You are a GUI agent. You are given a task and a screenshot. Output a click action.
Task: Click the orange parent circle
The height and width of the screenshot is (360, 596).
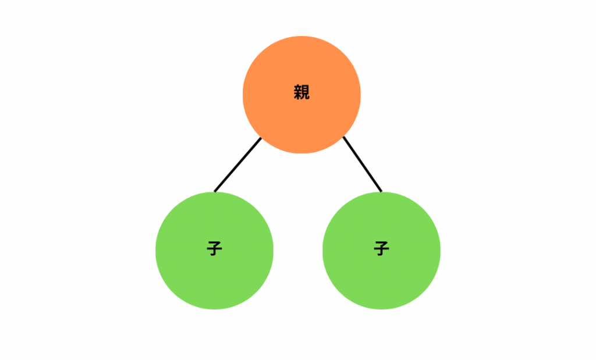point(301,95)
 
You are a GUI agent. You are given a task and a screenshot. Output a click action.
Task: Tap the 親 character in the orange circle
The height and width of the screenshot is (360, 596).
point(302,92)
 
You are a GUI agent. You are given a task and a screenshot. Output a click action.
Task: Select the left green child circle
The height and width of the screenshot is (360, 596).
point(214,251)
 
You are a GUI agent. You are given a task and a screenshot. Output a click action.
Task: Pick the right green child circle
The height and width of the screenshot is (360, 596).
point(381,251)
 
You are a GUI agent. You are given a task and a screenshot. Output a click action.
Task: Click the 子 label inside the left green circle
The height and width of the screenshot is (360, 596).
point(214,249)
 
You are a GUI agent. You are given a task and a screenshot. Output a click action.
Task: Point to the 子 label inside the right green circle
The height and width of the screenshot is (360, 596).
point(381,249)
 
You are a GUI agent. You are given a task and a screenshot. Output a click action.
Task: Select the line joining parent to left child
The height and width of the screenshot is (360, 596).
point(238,165)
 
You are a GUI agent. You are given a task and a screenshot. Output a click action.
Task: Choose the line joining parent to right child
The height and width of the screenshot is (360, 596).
point(362,164)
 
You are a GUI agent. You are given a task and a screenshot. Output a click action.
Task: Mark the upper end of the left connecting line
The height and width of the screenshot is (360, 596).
point(261,138)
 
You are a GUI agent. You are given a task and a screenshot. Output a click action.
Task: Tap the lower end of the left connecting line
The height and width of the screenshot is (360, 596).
point(215,191)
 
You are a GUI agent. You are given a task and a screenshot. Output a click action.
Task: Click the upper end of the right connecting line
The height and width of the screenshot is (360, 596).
point(343,137)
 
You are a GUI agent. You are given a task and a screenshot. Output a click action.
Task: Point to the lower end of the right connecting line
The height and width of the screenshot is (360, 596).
point(381,191)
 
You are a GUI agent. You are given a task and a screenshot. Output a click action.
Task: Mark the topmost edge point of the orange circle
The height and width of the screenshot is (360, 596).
point(301,36)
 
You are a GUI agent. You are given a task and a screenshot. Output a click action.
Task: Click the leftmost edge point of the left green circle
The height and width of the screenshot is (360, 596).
point(156,251)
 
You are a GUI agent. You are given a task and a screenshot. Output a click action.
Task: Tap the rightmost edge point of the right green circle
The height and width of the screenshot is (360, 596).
point(440,251)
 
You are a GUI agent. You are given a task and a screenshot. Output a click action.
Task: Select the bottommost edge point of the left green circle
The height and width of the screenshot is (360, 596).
point(214,309)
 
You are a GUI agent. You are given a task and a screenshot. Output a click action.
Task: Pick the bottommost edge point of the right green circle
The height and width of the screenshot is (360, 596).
point(381,309)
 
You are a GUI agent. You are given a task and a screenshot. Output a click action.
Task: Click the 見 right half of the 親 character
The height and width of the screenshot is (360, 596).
point(306,92)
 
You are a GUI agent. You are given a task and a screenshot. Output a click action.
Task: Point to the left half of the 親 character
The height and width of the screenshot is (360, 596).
point(297,92)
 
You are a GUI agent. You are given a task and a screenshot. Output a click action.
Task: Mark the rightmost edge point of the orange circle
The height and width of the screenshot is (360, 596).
point(360,95)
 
